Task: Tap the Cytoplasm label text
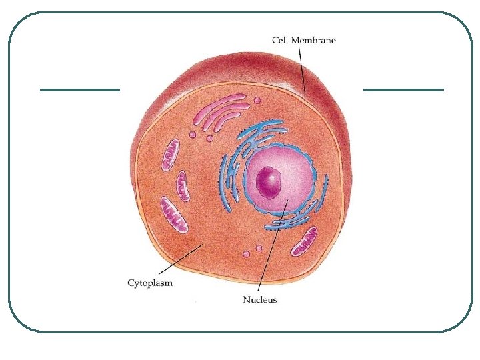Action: [150, 283]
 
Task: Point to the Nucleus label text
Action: [259, 299]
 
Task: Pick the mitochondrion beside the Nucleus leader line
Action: [304, 241]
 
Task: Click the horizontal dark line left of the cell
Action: [79, 89]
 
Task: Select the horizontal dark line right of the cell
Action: [403, 89]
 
